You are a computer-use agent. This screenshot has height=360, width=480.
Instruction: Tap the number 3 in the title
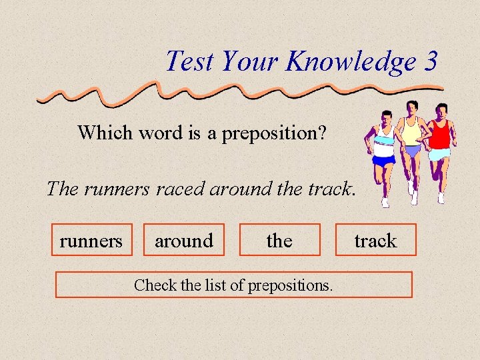430,61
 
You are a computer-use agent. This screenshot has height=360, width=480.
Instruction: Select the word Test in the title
189,61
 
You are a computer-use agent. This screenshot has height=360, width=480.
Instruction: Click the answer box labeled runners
91,240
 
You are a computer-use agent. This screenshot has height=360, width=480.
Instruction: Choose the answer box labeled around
184,240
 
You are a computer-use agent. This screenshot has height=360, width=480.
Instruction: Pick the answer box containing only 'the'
279,240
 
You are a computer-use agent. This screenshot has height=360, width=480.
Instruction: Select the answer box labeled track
375,240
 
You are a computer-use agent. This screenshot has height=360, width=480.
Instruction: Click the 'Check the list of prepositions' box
233,285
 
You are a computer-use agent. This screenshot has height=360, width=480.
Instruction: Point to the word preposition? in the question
274,133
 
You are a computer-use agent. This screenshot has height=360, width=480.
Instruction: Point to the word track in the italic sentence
329,189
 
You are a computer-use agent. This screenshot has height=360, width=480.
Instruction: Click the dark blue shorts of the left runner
384,160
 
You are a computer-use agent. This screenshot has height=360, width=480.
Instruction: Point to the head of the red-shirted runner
441,109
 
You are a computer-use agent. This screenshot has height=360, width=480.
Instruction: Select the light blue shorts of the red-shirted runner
440,154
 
